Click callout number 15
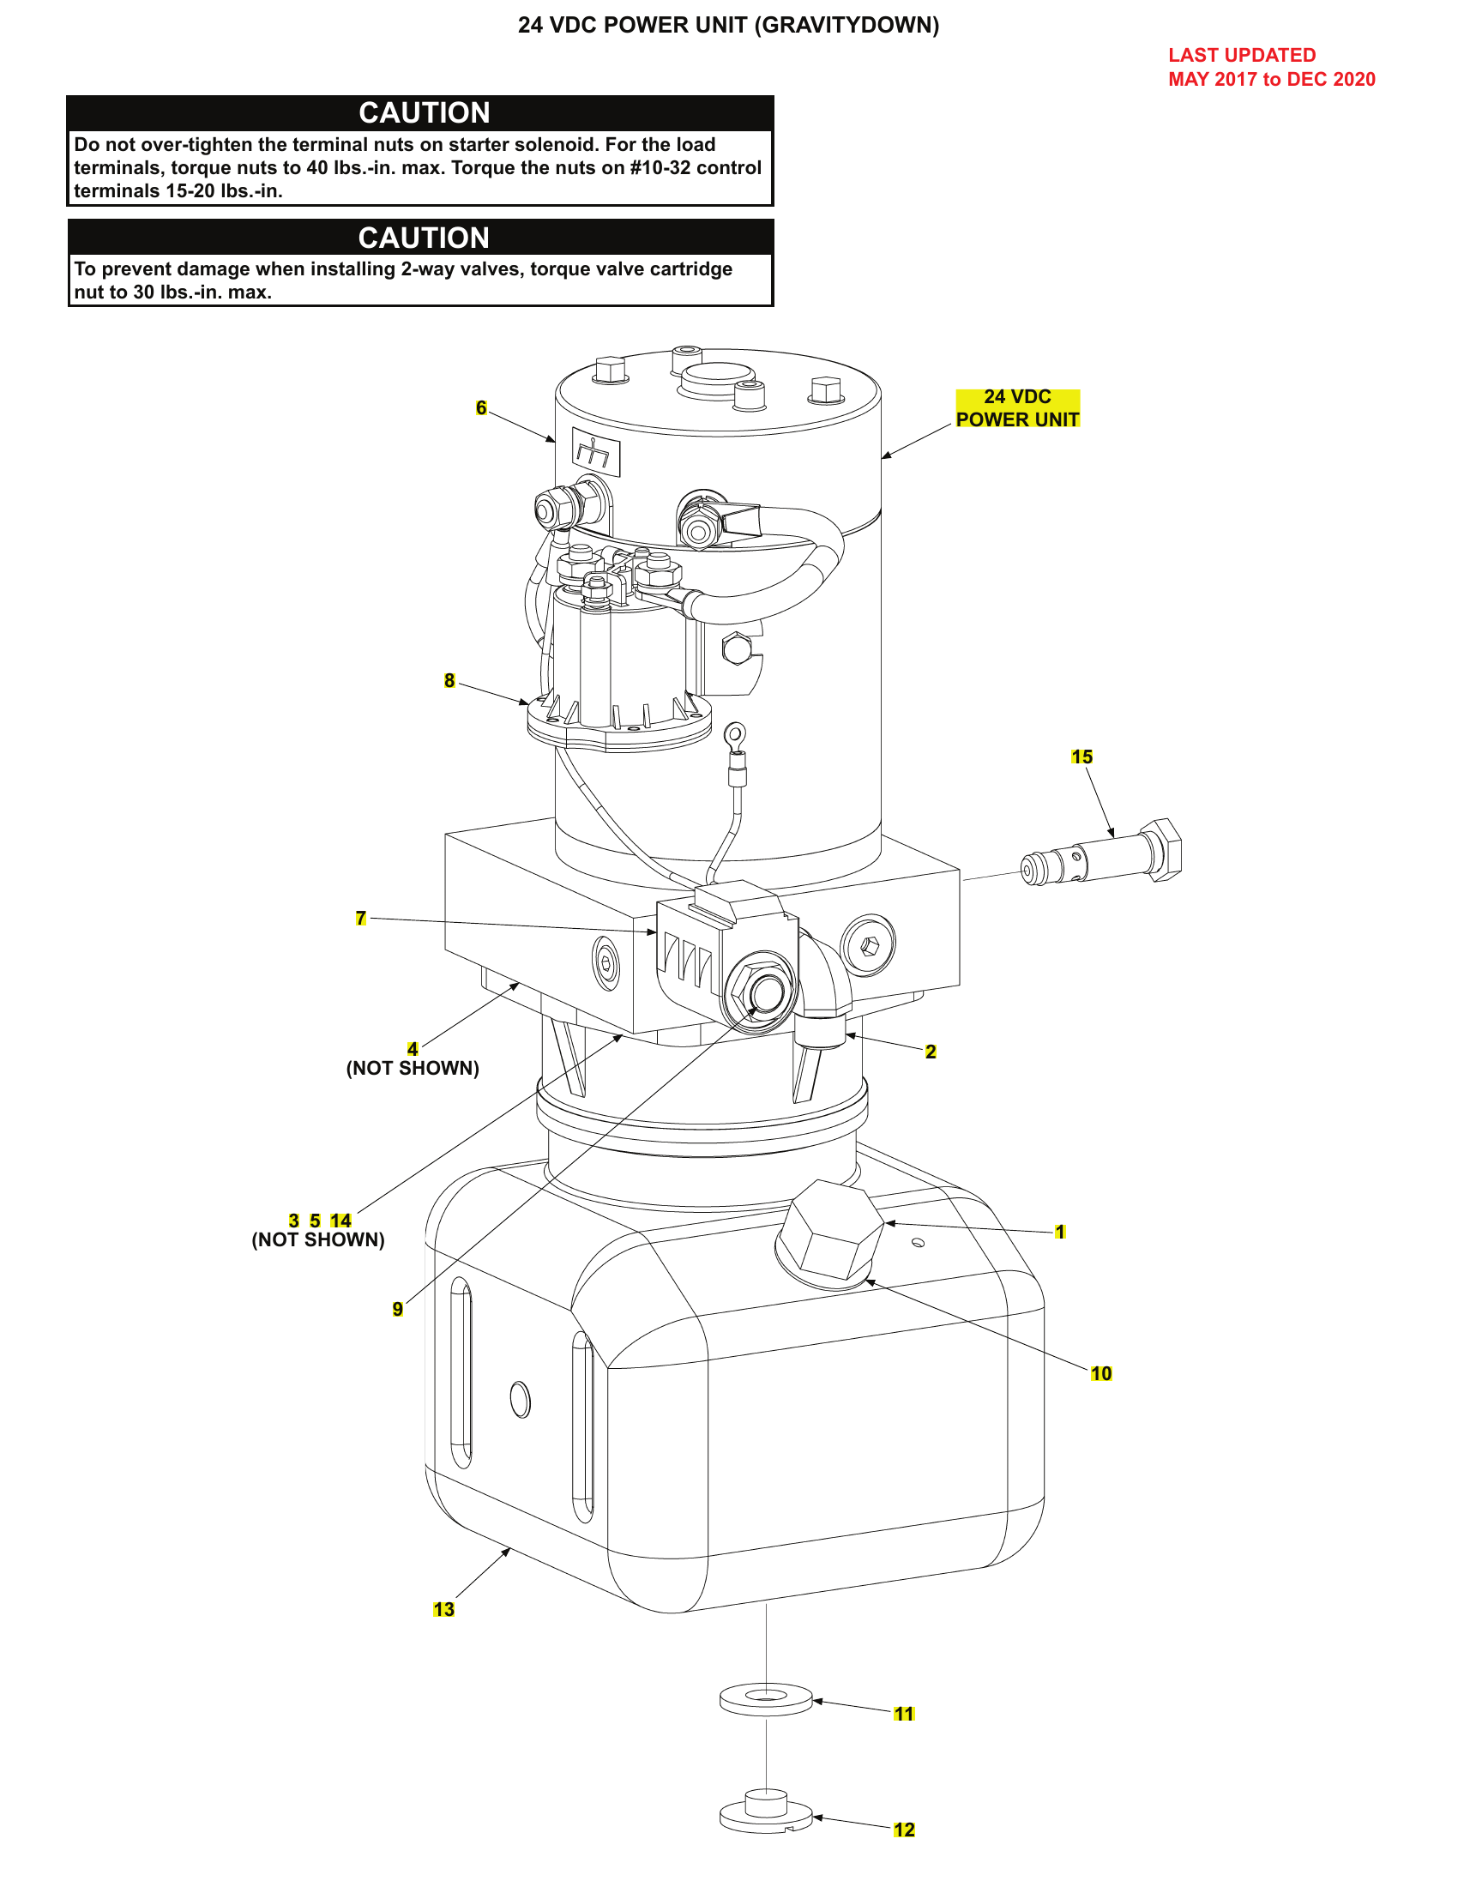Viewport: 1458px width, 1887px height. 1081,757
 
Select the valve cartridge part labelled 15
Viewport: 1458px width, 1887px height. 1101,855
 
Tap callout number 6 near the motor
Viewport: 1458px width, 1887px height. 481,407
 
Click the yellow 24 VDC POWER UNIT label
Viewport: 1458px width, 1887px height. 1016,407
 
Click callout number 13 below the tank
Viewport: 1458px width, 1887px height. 443,1610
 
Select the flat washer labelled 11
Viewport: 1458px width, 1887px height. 765,1699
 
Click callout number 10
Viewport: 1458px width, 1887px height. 1100,1374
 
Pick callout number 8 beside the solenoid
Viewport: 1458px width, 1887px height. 449,681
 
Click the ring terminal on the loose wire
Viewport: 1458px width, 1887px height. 734,736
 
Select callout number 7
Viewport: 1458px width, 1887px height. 361,918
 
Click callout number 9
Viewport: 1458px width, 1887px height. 397,1309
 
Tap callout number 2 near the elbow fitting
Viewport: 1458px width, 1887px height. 931,1052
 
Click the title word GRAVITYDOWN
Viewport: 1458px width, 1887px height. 846,25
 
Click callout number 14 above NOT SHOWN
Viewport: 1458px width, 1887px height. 340,1221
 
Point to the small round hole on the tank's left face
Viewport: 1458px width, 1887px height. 520,1399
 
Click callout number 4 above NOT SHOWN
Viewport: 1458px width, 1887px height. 413,1049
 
